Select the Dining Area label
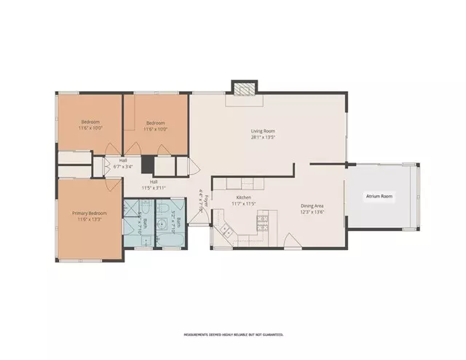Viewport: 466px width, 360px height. click(312, 206)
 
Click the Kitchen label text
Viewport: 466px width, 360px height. click(243, 197)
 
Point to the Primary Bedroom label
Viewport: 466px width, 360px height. click(90, 214)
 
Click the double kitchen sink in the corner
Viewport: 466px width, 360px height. click(225, 232)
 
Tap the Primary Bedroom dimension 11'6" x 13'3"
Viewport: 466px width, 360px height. click(90, 220)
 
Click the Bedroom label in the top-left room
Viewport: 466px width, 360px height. click(90, 122)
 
